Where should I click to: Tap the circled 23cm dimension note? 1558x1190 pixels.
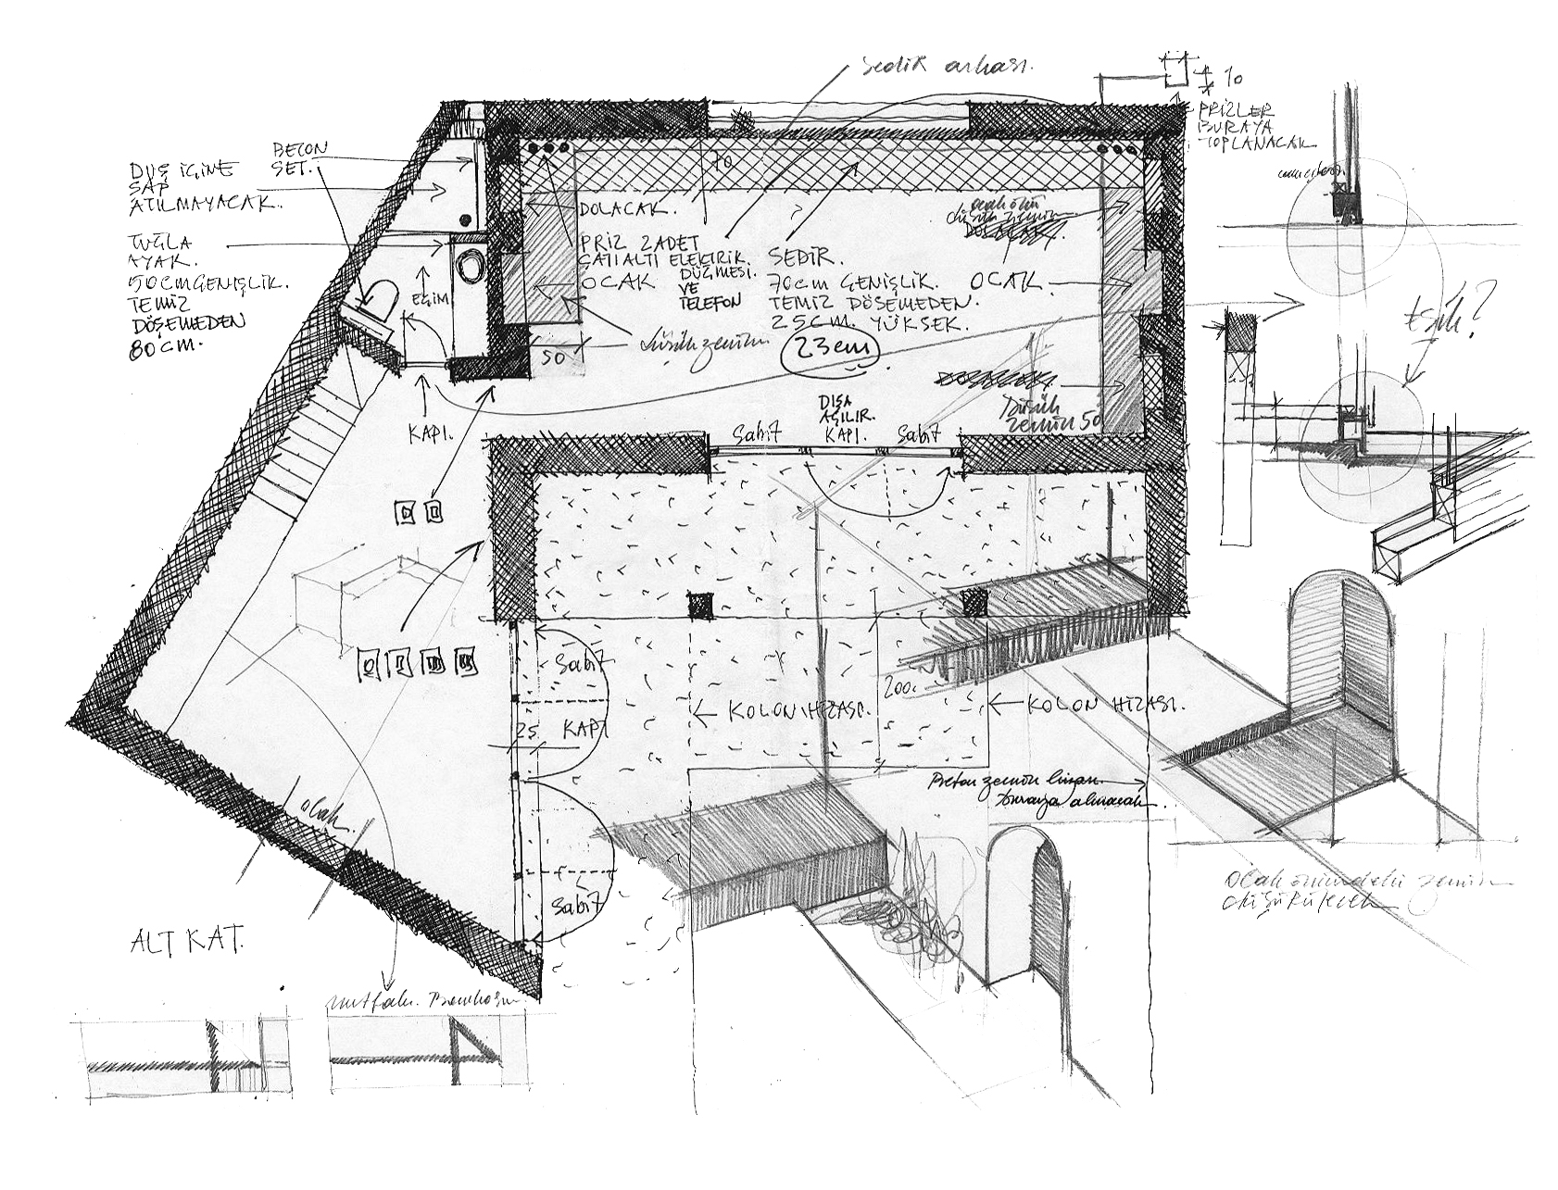coord(828,352)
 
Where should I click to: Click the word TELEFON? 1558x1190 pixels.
coord(710,302)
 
